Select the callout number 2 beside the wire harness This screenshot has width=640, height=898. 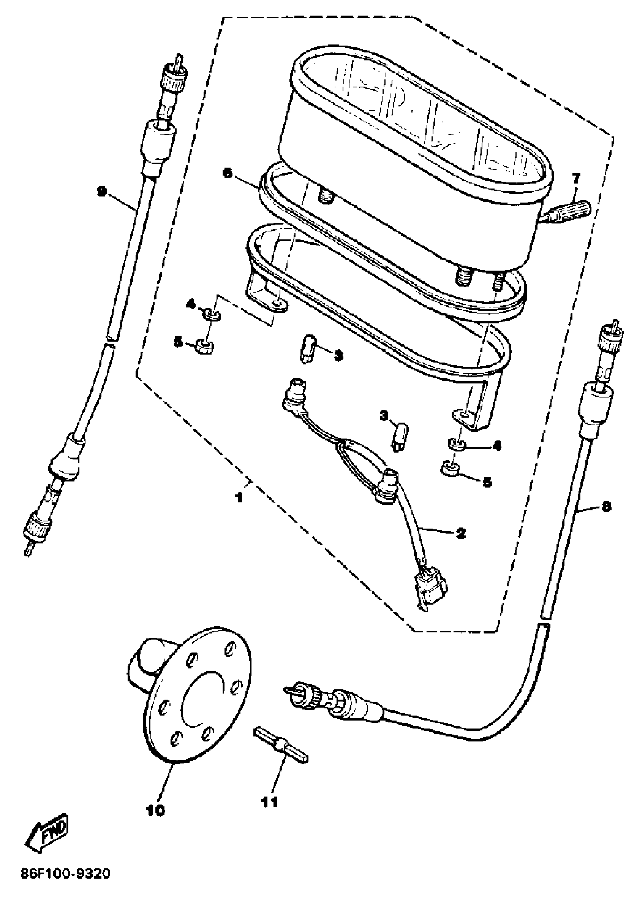pos(460,534)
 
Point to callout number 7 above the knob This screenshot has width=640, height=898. pos(576,178)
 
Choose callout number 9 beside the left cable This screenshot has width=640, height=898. pos(102,192)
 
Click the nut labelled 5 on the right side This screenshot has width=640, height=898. pos(450,469)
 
